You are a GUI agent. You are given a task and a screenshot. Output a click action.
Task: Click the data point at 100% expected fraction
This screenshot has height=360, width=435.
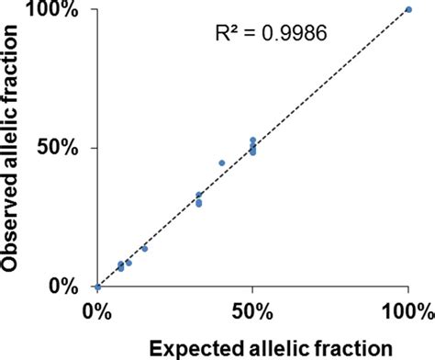point(408,9)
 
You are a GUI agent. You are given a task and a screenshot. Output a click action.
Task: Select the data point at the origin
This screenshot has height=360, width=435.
point(97,287)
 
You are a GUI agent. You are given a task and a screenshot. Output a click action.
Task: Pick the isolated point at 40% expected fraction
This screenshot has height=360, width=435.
point(222,163)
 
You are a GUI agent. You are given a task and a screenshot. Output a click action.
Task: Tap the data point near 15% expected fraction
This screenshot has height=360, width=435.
point(144,249)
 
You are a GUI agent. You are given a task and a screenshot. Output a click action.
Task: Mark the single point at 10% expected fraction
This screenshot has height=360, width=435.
point(128,263)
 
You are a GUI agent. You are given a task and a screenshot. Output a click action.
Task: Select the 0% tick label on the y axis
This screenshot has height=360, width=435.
point(70,287)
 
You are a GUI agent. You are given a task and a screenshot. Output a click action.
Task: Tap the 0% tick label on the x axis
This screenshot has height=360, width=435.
point(97,310)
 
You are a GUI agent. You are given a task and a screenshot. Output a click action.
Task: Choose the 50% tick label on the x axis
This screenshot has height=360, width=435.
point(252,310)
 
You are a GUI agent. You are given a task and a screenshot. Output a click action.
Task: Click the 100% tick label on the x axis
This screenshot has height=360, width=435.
point(407,310)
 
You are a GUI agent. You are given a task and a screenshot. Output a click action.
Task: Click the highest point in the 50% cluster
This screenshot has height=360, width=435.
point(252,141)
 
